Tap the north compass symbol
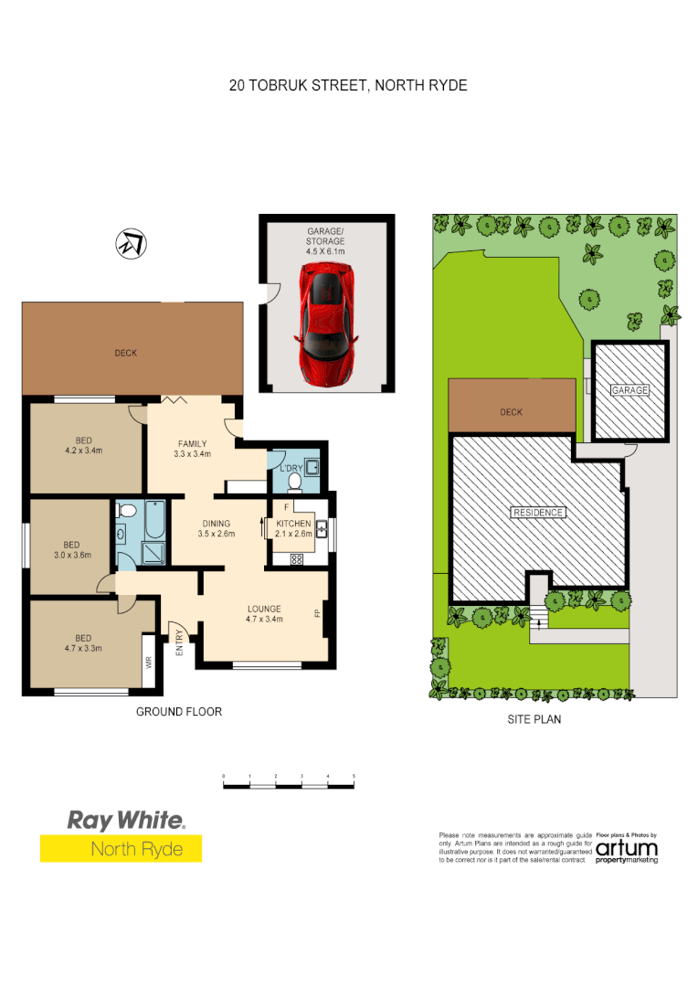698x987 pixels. click(x=131, y=244)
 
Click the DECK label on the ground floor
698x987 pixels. click(x=126, y=353)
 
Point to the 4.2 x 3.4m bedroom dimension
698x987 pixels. click(x=83, y=451)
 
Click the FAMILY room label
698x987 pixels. click(x=192, y=444)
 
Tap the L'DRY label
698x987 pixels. click(x=291, y=470)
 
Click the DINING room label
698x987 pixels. click(x=217, y=524)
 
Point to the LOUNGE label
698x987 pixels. click(x=264, y=609)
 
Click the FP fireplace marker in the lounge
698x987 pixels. click(x=318, y=614)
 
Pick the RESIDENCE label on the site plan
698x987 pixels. click(x=538, y=513)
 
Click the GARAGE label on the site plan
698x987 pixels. click(x=629, y=390)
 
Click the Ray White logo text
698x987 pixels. click(x=126, y=821)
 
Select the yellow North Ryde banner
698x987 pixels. click(x=121, y=849)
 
